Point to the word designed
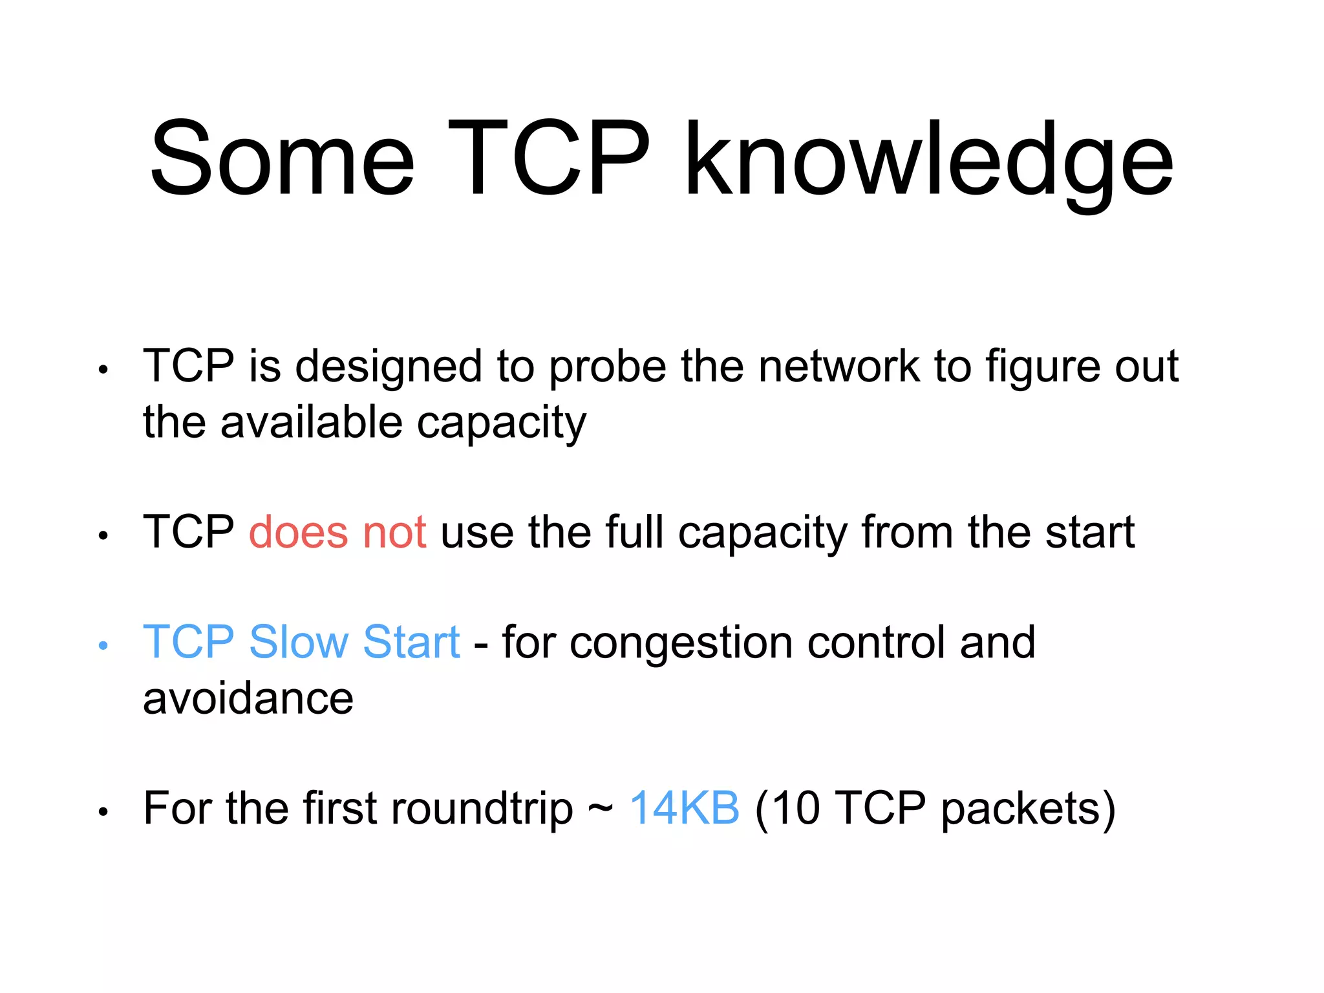[389, 367]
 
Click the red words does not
[337, 533]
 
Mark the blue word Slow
[299, 643]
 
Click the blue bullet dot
[103, 645]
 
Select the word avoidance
[248, 699]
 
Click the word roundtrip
[482, 809]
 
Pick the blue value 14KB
[685, 808]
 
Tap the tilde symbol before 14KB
[601, 809]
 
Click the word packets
[1020, 809]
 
